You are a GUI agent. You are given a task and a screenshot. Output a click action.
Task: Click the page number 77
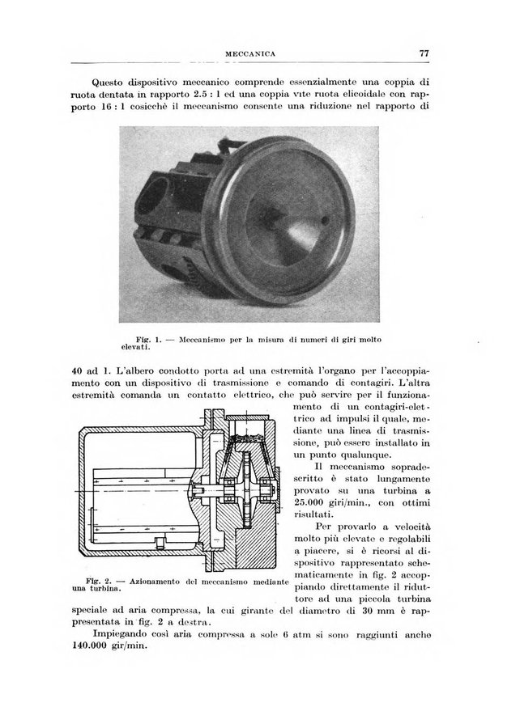click(424, 53)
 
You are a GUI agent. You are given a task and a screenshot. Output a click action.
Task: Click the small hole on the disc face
click(324, 219)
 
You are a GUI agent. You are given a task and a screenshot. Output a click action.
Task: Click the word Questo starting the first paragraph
click(113, 82)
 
